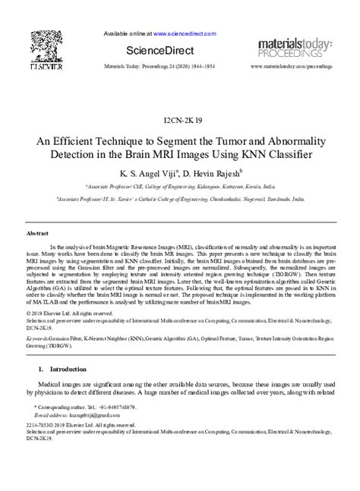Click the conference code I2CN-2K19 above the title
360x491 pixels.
pyautogui.click(x=180, y=121)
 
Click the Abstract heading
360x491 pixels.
pyautogui.click(x=37, y=234)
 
